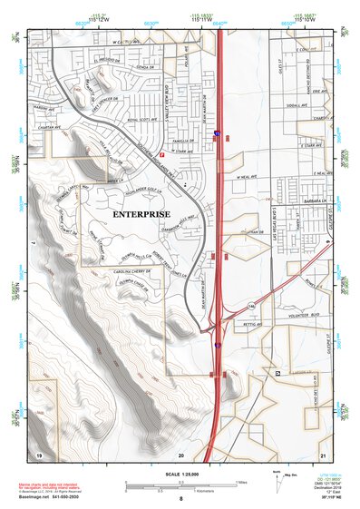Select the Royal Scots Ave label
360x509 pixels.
(142, 118)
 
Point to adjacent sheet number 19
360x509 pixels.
(39, 453)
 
